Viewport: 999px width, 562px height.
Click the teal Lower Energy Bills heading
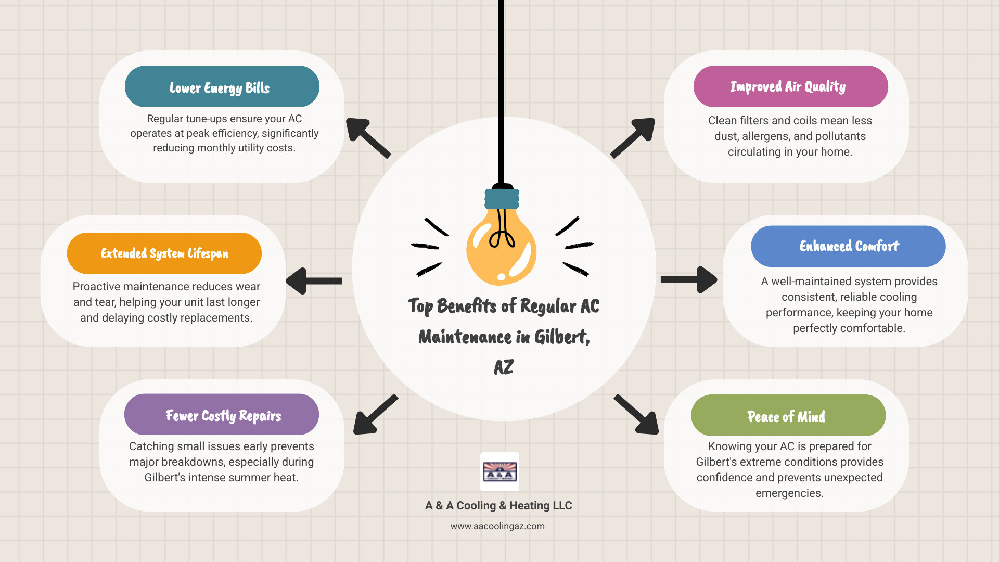coord(222,87)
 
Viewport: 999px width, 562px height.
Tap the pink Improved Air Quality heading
coord(790,86)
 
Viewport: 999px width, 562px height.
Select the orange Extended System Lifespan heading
coord(164,253)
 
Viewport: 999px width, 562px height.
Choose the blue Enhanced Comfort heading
coord(848,246)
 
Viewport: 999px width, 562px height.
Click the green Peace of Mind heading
coord(788,416)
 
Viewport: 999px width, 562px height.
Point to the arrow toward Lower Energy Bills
coord(367,137)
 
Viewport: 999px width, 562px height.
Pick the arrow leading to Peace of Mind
coord(637,415)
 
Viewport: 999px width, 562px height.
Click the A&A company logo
coord(499,471)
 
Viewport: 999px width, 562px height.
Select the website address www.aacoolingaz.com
coord(497,526)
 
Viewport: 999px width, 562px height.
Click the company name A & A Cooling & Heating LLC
coord(498,505)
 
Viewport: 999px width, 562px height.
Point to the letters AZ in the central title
coord(504,367)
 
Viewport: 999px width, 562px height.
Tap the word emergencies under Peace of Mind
coord(789,493)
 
